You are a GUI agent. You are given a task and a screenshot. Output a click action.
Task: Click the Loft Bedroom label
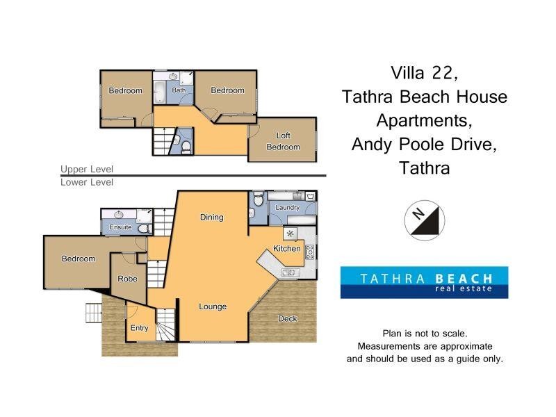point(283,141)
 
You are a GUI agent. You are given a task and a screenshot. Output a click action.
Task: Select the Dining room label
point(212,217)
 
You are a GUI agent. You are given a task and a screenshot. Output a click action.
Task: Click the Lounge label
point(213,306)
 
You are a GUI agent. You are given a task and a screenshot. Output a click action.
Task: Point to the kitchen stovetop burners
point(310,251)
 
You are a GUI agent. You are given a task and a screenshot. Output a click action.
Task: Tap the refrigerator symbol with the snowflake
point(291,233)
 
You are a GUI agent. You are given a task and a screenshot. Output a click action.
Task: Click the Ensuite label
point(121,227)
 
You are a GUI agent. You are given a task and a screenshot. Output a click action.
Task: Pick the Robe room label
point(127,279)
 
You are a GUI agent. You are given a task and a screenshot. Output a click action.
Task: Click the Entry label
point(140,328)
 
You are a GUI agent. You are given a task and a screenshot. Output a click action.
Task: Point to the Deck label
point(287,319)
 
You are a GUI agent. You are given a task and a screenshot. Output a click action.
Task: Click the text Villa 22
point(424,72)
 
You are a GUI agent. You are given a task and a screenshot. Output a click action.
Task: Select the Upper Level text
point(86,169)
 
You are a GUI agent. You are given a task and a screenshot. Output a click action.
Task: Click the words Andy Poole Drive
point(424,144)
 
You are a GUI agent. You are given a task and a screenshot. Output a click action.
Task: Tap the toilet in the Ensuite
point(143,228)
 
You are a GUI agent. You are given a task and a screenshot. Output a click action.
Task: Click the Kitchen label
point(287,248)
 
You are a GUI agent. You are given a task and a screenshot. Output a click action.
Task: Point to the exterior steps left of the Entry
point(93,313)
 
